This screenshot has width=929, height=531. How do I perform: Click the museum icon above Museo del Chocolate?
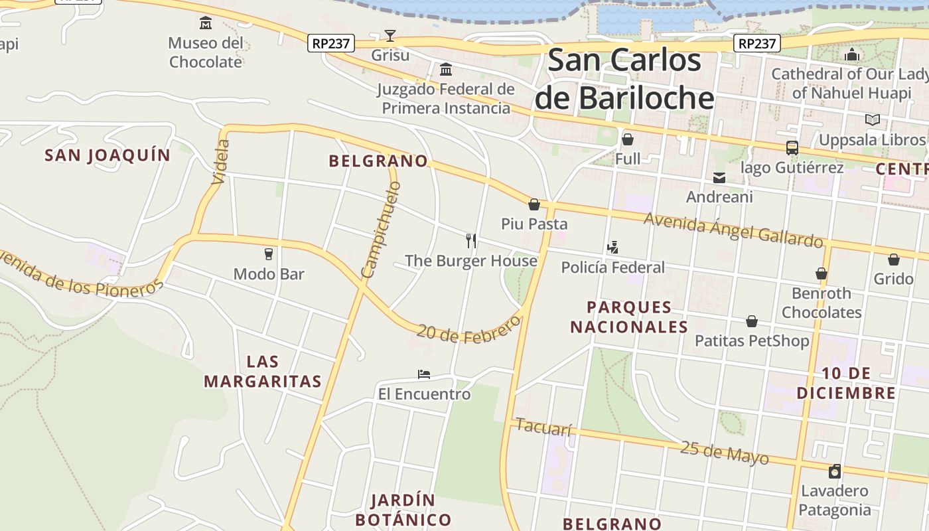[x=206, y=24]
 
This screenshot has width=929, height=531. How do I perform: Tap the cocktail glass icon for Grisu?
[x=390, y=36]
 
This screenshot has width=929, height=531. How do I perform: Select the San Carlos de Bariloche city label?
[x=624, y=79]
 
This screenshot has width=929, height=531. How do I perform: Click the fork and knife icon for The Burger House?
[x=471, y=240]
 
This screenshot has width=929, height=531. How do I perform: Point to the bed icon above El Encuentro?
[x=424, y=374]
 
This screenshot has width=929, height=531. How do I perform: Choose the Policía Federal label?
[x=612, y=267]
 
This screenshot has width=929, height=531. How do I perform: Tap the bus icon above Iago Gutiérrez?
[x=792, y=148]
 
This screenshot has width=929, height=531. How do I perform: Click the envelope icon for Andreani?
[x=719, y=178]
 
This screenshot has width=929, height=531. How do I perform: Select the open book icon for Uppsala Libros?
[x=872, y=120]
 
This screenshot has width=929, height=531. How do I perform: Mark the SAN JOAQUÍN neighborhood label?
[x=107, y=155]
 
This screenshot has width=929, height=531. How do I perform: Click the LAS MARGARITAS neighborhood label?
[x=263, y=372]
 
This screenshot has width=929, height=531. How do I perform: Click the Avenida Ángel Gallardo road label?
[x=733, y=230]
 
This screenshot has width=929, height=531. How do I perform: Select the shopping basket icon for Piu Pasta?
[x=534, y=204]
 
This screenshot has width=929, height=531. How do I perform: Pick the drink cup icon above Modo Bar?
[x=269, y=254]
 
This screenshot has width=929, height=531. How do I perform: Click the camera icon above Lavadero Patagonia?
[x=834, y=471]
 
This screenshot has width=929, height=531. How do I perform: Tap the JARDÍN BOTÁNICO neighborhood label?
[x=403, y=510]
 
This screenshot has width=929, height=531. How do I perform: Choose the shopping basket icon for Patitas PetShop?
[x=752, y=322]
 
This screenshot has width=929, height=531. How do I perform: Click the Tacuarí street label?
[x=543, y=427]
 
